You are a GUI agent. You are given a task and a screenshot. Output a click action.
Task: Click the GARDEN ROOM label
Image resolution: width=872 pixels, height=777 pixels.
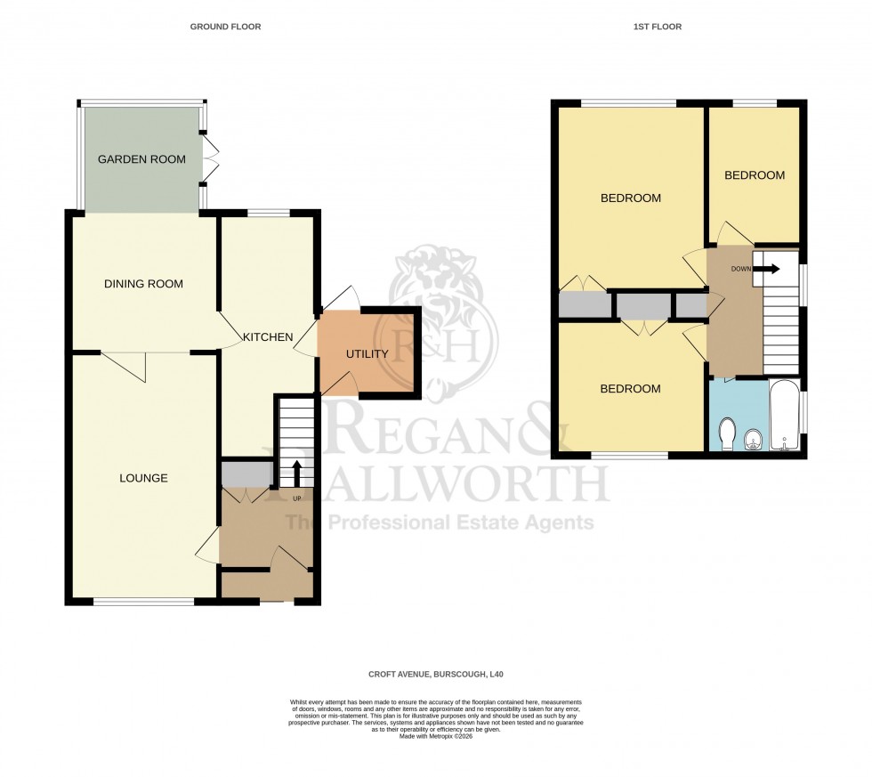coord(141,159)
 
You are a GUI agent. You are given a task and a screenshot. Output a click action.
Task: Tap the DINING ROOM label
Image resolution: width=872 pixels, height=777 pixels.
coord(143,284)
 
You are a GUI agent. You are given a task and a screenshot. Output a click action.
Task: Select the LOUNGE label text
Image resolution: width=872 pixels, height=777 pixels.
coord(143,478)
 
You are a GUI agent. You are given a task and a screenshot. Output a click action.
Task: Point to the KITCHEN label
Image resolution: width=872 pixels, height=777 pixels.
coord(268,337)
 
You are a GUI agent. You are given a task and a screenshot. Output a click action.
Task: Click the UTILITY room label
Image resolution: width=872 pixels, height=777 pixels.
coord(367,354)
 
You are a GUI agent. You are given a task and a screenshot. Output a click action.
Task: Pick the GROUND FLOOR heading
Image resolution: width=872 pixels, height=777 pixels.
coord(225,27)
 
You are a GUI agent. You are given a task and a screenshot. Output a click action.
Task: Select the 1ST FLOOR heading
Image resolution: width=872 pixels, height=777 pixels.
coord(657,27)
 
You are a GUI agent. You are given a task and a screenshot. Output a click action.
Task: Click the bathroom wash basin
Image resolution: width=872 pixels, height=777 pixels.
coord(753,439)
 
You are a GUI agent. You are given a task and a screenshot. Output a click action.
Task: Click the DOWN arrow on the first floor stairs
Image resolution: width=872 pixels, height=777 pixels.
coord(765,268)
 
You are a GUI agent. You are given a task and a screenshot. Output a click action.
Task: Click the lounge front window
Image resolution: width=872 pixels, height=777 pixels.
coord(143,603)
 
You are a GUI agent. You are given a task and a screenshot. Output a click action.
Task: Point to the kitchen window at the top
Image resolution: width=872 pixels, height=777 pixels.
coord(268,213)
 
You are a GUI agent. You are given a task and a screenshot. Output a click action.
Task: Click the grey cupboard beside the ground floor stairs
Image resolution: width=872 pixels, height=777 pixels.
coord(246,473)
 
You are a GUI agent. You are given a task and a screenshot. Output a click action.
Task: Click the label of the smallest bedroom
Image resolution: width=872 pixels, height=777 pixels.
coord(754,175)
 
